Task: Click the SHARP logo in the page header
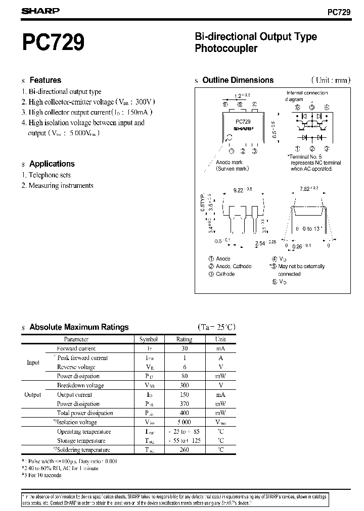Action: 41,10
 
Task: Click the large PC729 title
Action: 53,42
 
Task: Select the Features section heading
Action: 45,80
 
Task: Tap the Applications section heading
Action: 52,164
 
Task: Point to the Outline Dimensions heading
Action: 238,80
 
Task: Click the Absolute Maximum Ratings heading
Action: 79,327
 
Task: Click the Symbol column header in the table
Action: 148,340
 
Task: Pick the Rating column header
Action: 184,340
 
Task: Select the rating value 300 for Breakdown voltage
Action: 184,385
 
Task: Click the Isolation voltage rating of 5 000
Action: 184,422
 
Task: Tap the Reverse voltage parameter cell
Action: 76,367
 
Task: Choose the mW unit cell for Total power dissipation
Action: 220,413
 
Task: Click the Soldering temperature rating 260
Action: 184,450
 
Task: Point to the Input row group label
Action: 33,363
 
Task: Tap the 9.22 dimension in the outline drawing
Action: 238,190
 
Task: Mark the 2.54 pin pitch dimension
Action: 260,243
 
